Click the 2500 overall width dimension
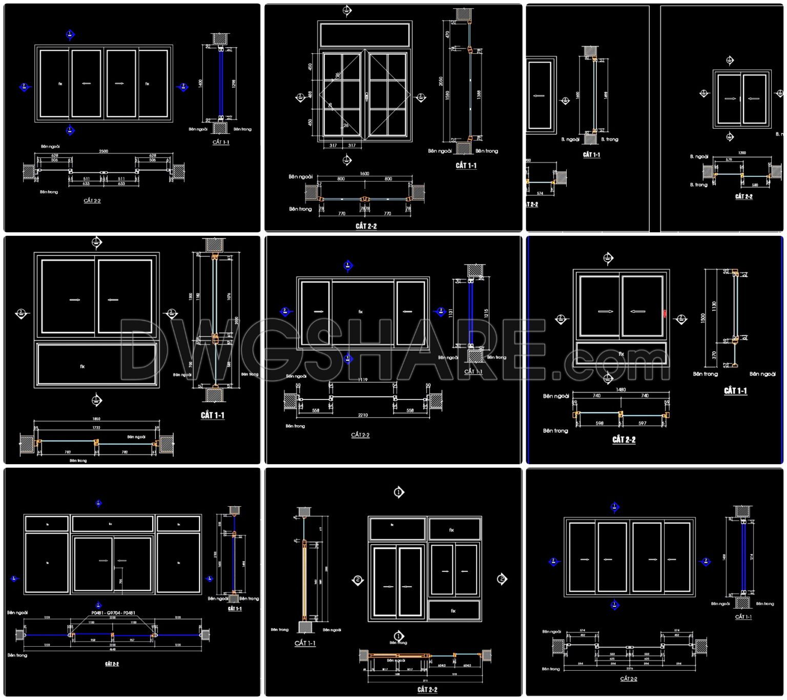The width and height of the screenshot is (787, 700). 103,151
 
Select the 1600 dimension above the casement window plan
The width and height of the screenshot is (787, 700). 364,173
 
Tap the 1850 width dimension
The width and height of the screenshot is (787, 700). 96,419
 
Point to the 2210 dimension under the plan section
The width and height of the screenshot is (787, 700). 362,415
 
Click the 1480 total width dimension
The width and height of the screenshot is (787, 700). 620,390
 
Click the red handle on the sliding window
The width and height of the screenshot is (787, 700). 665,313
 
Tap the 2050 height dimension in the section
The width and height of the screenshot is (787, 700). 441,81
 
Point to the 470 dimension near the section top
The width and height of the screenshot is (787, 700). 447,34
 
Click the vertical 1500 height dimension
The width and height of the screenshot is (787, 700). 703,318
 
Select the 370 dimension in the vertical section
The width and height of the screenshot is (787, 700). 714,354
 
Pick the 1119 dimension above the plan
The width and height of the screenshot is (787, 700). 362,380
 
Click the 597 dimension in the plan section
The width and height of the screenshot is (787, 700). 643,423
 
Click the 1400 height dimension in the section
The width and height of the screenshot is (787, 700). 201,83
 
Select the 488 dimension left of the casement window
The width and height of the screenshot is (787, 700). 310,94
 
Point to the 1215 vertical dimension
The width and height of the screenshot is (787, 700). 486,312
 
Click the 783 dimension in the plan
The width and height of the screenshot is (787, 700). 68,452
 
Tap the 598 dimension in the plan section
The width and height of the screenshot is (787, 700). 599,423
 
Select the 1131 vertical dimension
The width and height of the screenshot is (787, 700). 451,312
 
